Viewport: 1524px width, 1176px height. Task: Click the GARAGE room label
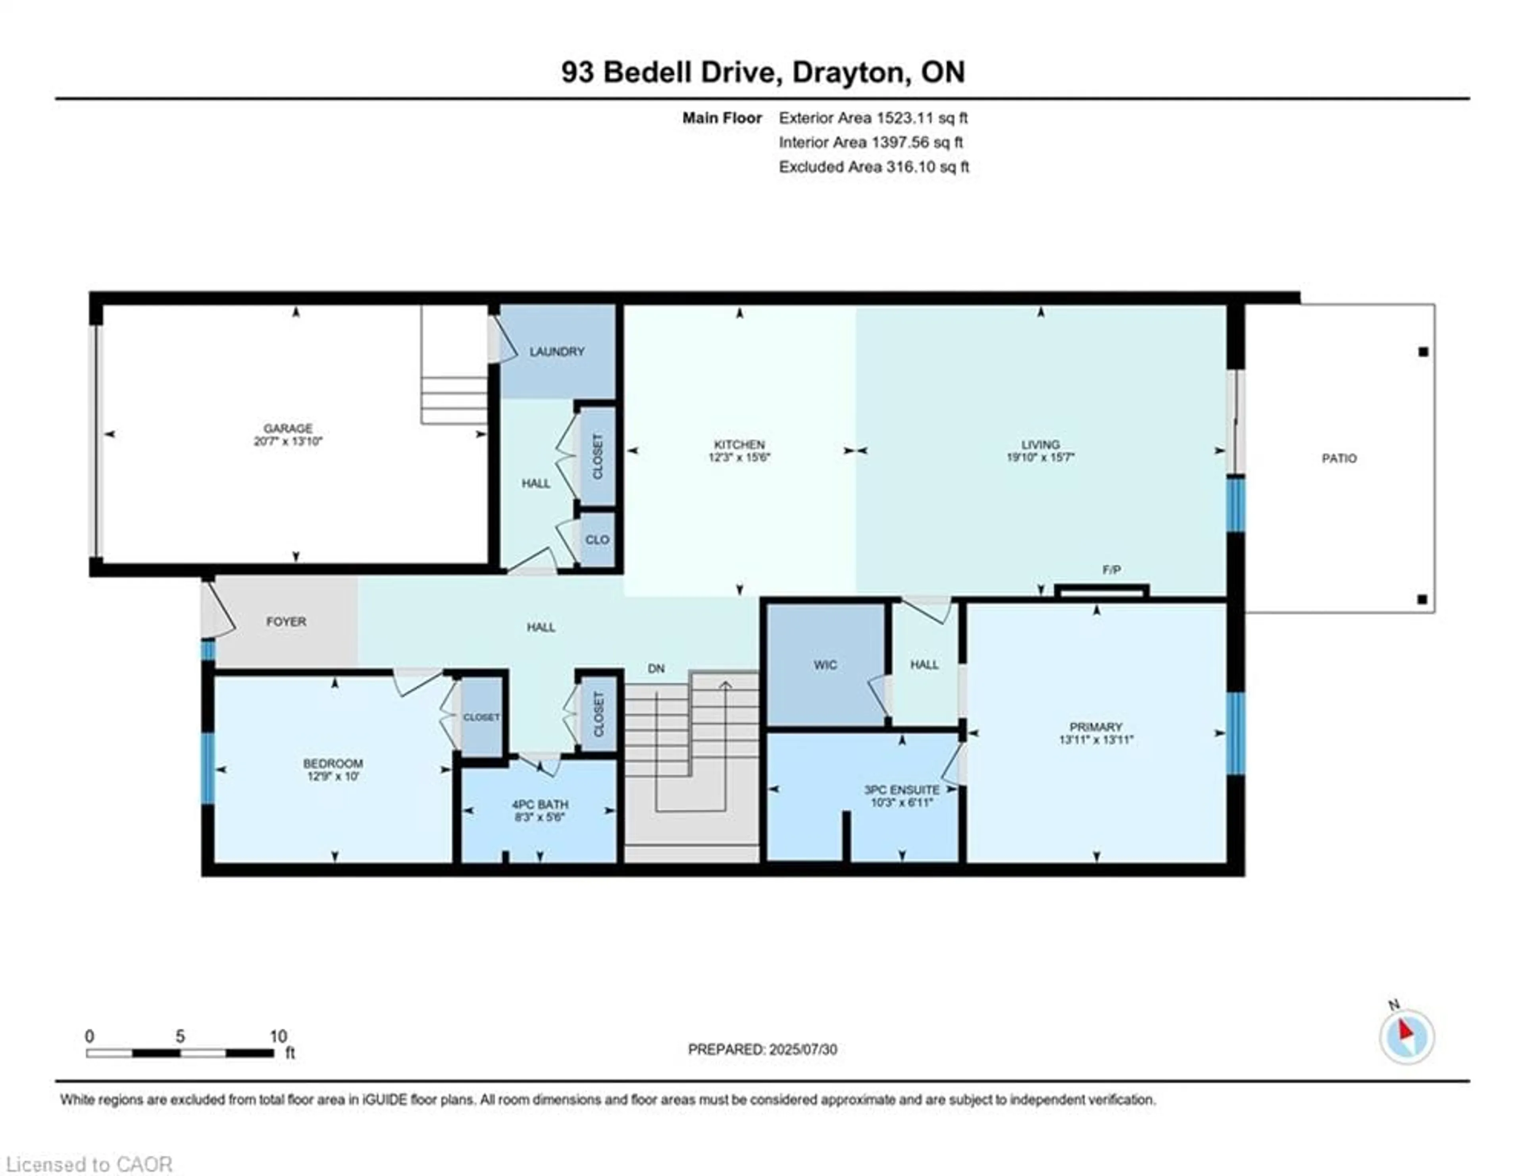pos(287,428)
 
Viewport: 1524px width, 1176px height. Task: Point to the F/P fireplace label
pos(1112,570)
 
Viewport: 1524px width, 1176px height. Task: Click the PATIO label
pos(1338,458)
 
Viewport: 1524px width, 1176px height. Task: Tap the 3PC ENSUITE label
pos(902,790)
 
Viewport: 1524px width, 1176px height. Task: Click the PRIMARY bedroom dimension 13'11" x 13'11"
pos(1095,739)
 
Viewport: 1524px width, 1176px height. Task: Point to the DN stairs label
pos(656,668)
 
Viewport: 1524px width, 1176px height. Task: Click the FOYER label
pos(286,621)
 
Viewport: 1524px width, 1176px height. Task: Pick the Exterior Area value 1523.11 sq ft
pos(921,118)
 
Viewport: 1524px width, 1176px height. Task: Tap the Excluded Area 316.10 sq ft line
pos(874,167)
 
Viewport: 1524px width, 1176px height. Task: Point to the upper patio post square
pos(1423,352)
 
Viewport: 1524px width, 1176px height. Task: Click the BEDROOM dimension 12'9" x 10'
pos(333,776)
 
